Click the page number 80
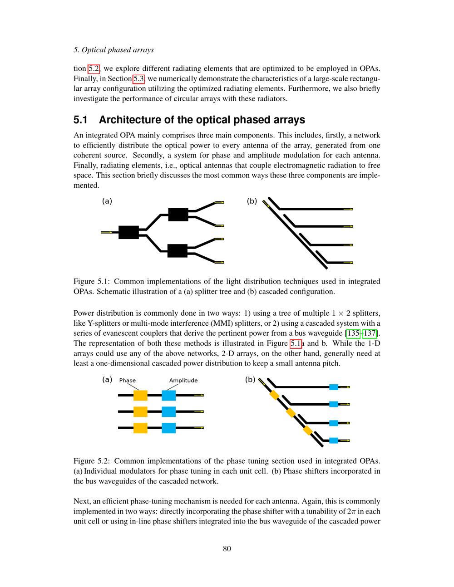click(x=227, y=548)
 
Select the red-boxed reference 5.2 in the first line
click(x=94, y=68)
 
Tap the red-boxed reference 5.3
click(x=138, y=78)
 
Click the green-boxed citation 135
click(x=353, y=333)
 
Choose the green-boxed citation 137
click(x=370, y=333)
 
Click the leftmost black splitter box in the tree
click(x=128, y=232)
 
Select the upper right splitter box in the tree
click(x=178, y=214)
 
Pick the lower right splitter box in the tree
click(x=177, y=250)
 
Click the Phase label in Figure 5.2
click(x=128, y=381)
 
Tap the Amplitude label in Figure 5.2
click(x=183, y=381)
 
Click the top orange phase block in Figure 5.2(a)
click(x=140, y=395)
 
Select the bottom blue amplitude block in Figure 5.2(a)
click(x=168, y=428)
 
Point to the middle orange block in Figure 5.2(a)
click(x=140, y=411)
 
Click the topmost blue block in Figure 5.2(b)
click(x=334, y=387)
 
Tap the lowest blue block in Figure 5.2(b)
click(x=334, y=440)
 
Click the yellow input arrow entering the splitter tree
click(x=107, y=232)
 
